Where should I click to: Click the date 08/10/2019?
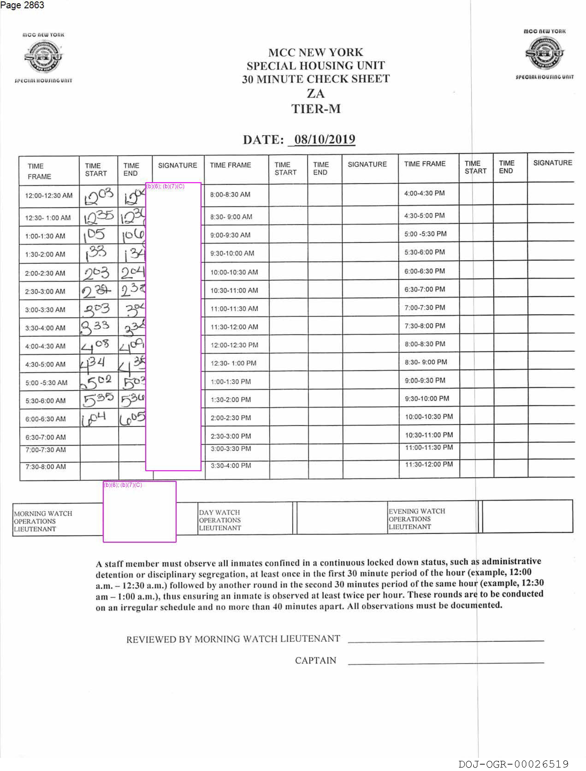[x=325, y=139]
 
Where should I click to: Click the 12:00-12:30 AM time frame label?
[x=48, y=196]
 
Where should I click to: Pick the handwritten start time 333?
[x=95, y=327]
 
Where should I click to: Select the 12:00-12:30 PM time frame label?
[x=234, y=345]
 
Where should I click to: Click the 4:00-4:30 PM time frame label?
[x=424, y=193]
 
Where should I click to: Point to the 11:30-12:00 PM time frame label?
[x=429, y=464]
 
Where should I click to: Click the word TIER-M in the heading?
[x=316, y=109]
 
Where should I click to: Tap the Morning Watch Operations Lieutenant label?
[x=43, y=521]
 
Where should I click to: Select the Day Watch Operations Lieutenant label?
[x=220, y=520]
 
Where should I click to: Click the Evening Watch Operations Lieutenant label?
[x=417, y=519]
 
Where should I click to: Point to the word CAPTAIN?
[x=315, y=660]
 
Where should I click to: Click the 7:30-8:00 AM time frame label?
[x=45, y=467]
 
